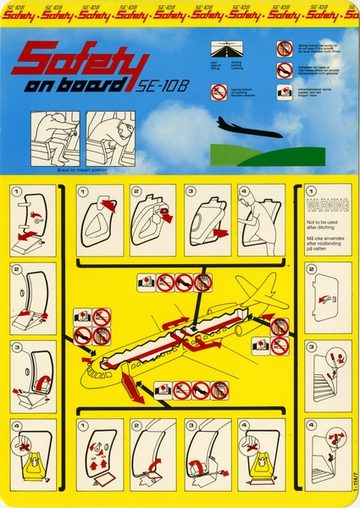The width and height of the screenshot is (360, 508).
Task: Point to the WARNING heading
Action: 322,205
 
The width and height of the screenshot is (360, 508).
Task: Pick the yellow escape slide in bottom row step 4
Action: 262,465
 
